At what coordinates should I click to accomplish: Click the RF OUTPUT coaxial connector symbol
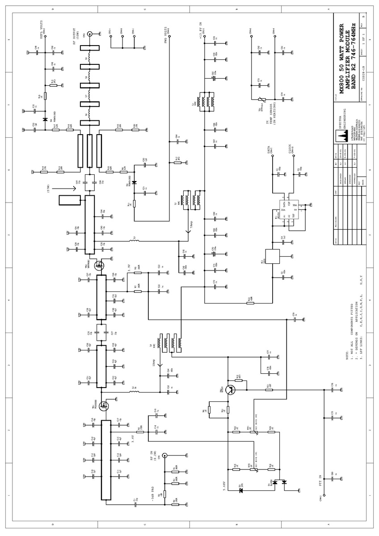tap(90, 34)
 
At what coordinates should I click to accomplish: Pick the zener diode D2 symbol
tap(241, 490)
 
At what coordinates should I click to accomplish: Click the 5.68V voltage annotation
tap(223, 485)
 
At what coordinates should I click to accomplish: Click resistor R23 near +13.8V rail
tap(250, 303)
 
